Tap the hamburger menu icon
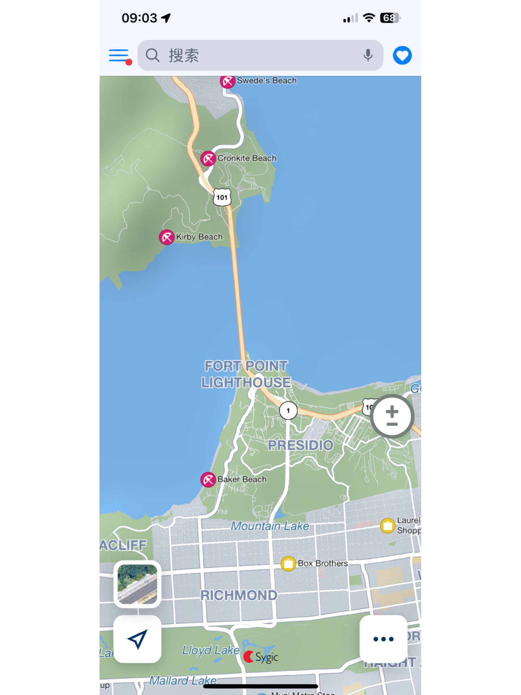pyautogui.click(x=119, y=55)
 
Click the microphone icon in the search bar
pyautogui.click(x=368, y=55)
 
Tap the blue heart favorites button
pyautogui.click(x=402, y=55)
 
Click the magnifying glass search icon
pyautogui.click(x=152, y=55)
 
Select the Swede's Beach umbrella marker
pyautogui.click(x=228, y=81)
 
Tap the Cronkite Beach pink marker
pyautogui.click(x=208, y=159)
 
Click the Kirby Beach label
pyautogui.click(x=199, y=237)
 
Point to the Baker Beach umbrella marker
pyautogui.click(x=208, y=480)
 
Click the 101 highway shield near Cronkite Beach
pyautogui.click(x=222, y=197)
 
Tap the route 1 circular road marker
pyautogui.click(x=288, y=410)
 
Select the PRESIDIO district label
pyautogui.click(x=300, y=445)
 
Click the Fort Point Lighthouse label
pyautogui.click(x=246, y=374)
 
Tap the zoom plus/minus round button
pyautogui.click(x=392, y=416)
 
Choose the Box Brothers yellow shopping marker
pyautogui.click(x=288, y=564)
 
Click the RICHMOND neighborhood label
pyautogui.click(x=239, y=595)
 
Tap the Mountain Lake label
pyautogui.click(x=270, y=526)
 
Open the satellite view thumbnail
pyautogui.click(x=137, y=584)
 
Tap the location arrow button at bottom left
pyautogui.click(x=137, y=639)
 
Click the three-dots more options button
pyautogui.click(x=383, y=639)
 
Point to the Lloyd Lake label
pyautogui.click(x=211, y=650)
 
